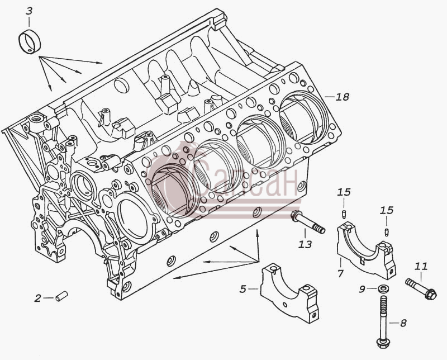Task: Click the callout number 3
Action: tap(29, 11)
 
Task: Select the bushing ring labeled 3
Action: tap(30, 41)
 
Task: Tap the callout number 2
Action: tap(38, 299)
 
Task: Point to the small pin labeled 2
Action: tap(61, 296)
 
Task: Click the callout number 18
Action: tap(343, 97)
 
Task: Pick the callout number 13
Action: tap(305, 244)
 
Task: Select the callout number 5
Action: tap(242, 289)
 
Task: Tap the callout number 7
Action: tap(340, 273)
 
